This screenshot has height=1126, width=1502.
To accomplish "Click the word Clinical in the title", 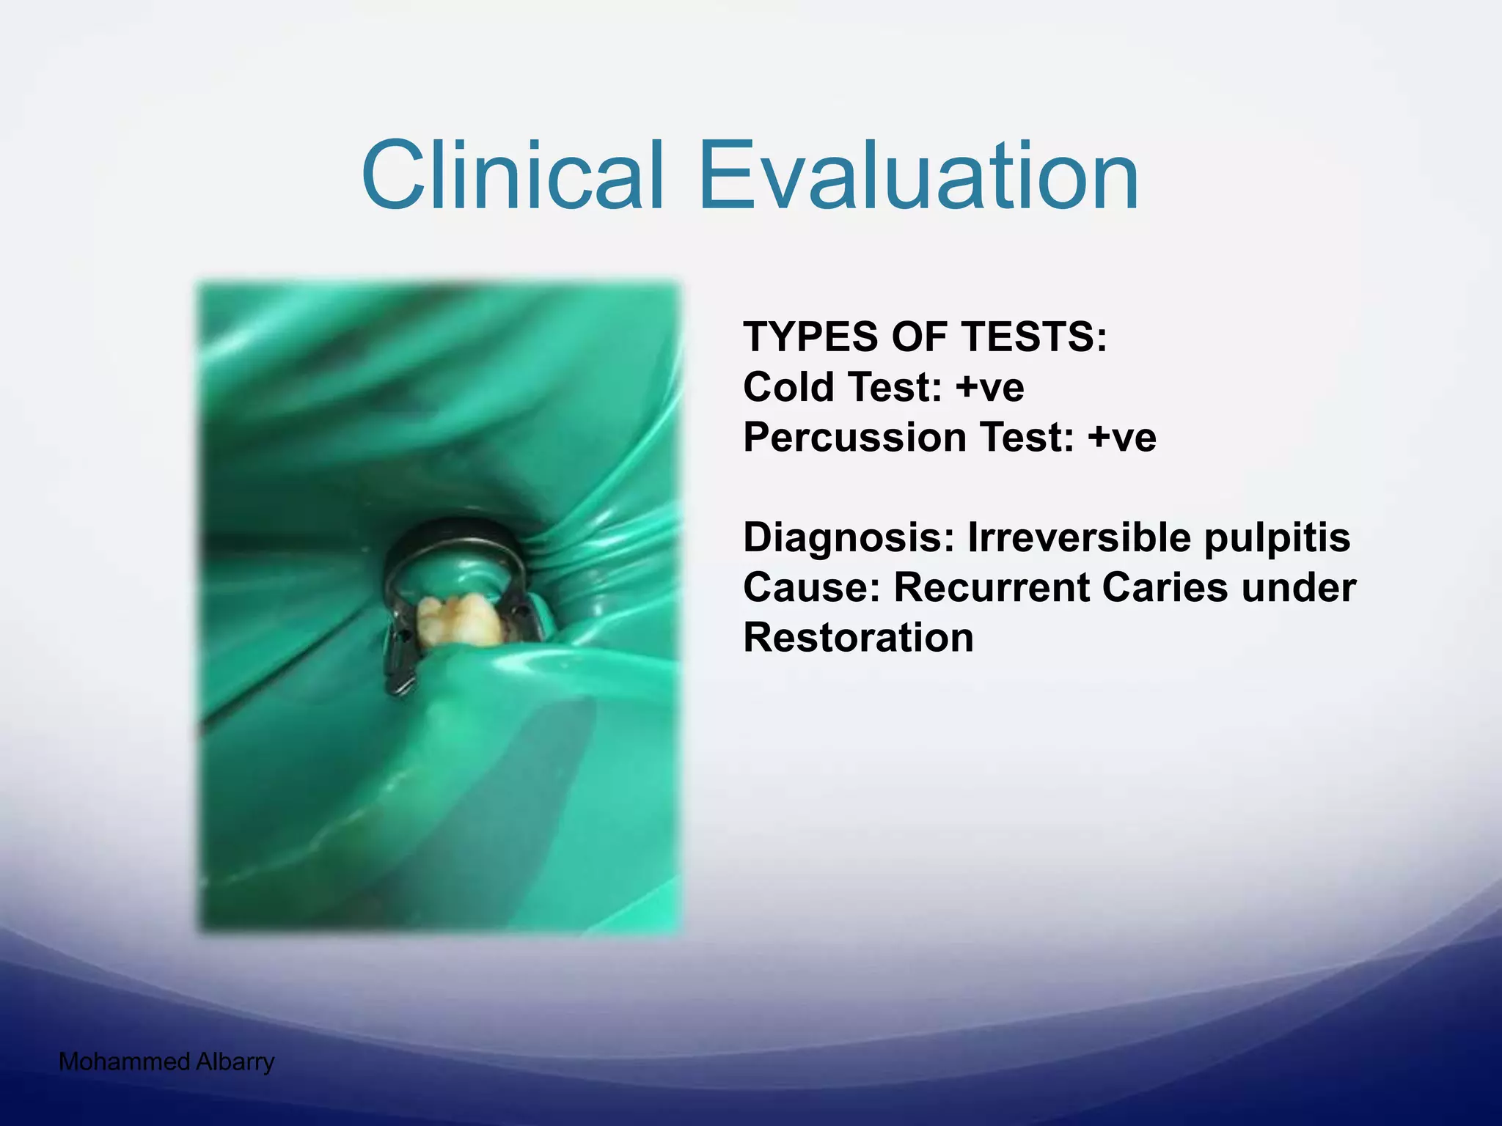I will point(513,177).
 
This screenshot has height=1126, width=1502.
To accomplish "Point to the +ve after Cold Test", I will point(989,387).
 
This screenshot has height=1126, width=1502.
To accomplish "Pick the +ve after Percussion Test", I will point(1121,438).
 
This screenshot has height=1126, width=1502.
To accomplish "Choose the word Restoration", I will point(858,637).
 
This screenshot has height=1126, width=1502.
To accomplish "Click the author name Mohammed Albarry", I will point(166,1061).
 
